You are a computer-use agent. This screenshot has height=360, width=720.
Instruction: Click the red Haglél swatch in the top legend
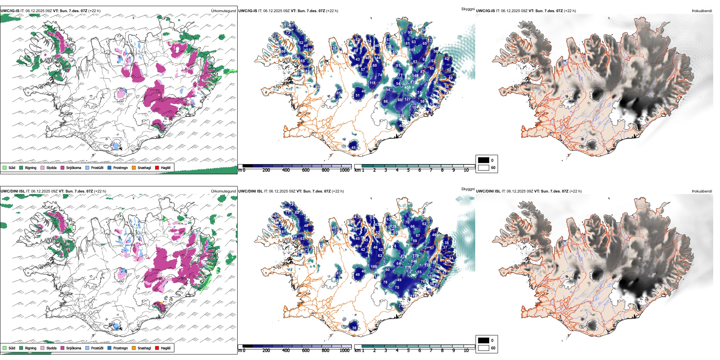tap(157, 167)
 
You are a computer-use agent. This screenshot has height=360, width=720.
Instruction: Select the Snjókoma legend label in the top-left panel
tap(74, 167)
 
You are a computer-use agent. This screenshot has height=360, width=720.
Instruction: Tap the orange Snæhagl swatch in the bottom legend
tap(134, 348)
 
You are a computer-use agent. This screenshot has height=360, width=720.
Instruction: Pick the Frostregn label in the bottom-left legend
tap(121, 348)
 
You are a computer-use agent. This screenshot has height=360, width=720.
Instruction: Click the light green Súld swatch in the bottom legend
tap(5, 348)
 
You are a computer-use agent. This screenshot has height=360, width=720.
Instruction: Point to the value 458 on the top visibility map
tap(407, 88)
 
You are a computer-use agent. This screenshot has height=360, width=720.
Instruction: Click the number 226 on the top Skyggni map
tap(401, 116)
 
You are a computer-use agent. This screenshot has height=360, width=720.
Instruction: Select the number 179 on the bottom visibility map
tap(415, 256)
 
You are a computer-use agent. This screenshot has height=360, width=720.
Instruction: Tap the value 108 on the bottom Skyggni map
tap(374, 266)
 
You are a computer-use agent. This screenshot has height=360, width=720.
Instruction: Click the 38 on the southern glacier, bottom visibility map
tap(354, 328)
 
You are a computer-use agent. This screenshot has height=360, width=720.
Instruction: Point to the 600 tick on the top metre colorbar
tap(306, 170)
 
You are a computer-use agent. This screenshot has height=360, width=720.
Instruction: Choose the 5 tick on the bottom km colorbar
tap(408, 351)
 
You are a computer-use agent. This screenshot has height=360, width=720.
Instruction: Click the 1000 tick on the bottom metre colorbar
tap(344, 351)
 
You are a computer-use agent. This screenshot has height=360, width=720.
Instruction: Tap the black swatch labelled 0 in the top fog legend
tap(484, 160)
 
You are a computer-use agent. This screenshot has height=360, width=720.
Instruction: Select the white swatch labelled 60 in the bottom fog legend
tap(484, 348)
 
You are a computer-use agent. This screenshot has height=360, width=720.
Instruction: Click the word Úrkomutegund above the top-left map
tap(223, 11)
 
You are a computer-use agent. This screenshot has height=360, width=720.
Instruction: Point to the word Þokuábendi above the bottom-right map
tap(702, 191)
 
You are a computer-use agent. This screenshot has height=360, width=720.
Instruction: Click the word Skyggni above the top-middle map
tap(468, 9)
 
